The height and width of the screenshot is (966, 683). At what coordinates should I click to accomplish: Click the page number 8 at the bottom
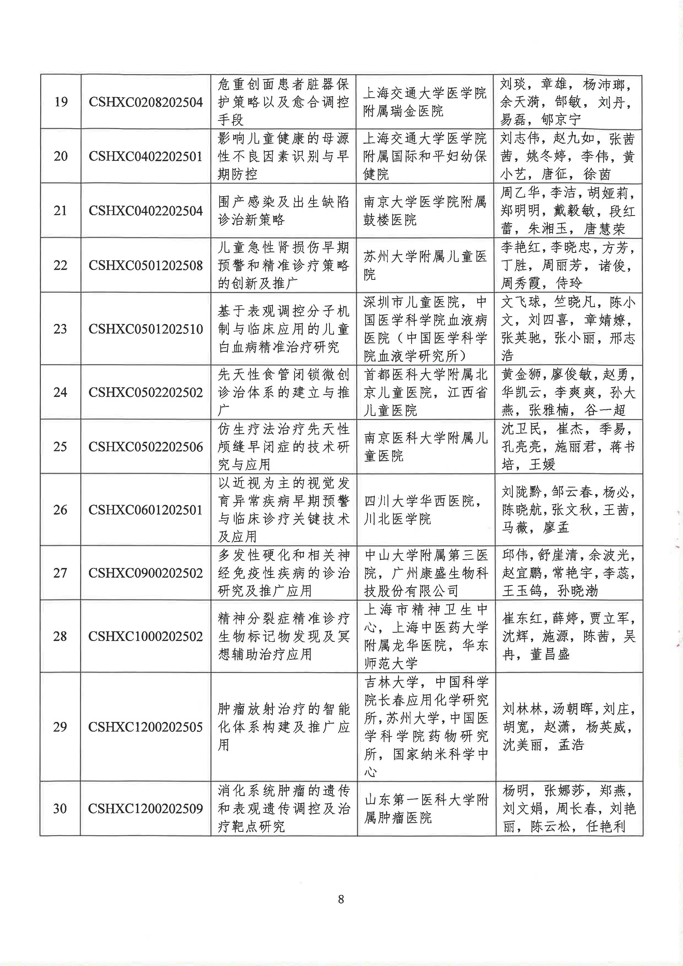pyautogui.click(x=341, y=899)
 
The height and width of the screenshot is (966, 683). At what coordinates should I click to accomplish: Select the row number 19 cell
pyautogui.click(x=61, y=102)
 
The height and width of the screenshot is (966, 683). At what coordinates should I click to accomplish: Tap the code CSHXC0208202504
pyautogui.click(x=145, y=102)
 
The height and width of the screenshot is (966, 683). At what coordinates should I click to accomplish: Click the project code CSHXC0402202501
pyautogui.click(x=145, y=156)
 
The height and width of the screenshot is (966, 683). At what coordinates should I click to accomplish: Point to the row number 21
pyautogui.click(x=61, y=210)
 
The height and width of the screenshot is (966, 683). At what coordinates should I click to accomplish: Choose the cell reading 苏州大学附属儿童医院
pyautogui.click(x=425, y=265)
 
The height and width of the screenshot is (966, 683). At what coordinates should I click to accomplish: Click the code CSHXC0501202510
pyautogui.click(x=145, y=329)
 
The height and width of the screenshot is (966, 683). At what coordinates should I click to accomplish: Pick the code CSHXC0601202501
pyautogui.click(x=145, y=510)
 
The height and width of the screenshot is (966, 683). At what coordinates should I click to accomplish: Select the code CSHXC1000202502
pyautogui.click(x=145, y=636)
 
